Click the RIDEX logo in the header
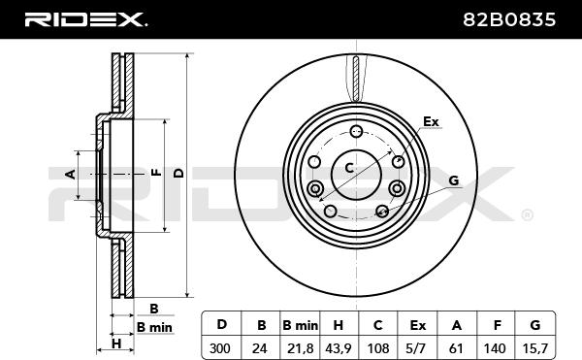click(x=85, y=19)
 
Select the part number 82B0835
click(x=509, y=19)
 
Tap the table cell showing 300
click(x=220, y=348)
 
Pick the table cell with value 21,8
click(x=301, y=348)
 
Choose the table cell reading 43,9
click(x=339, y=348)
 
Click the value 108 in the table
click(x=378, y=348)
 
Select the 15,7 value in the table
click(x=534, y=348)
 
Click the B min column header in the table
click(x=301, y=325)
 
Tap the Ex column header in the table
click(x=417, y=325)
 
